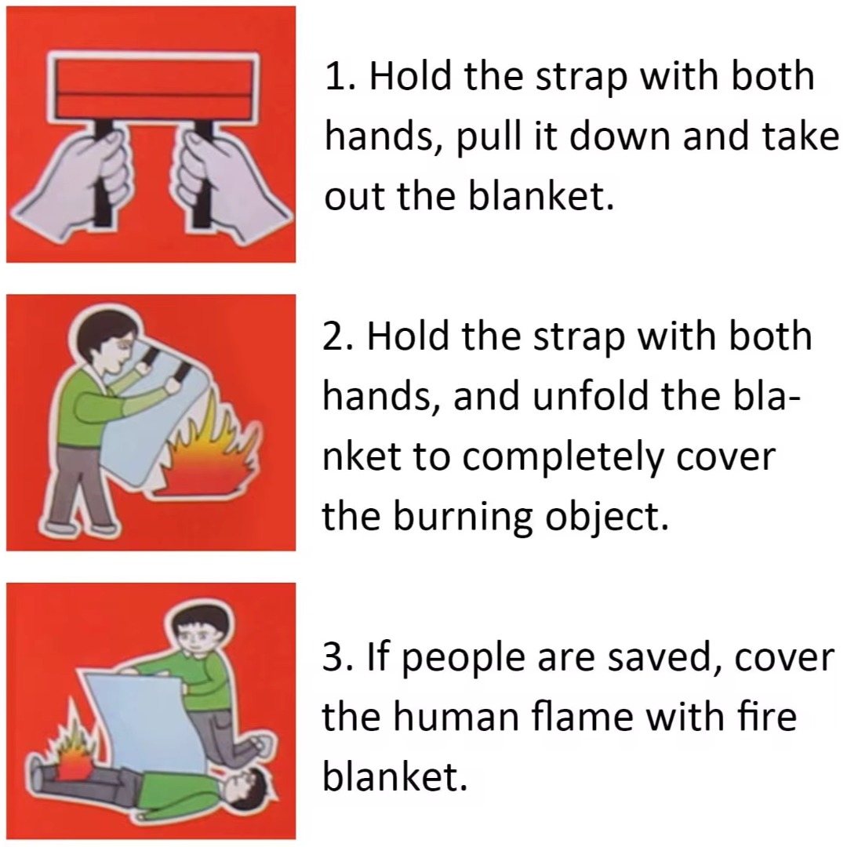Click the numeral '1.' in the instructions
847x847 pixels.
[342, 77]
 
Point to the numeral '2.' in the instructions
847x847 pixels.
[339, 336]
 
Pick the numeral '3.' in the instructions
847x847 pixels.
[339, 657]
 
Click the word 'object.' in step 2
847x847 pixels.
[606, 518]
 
